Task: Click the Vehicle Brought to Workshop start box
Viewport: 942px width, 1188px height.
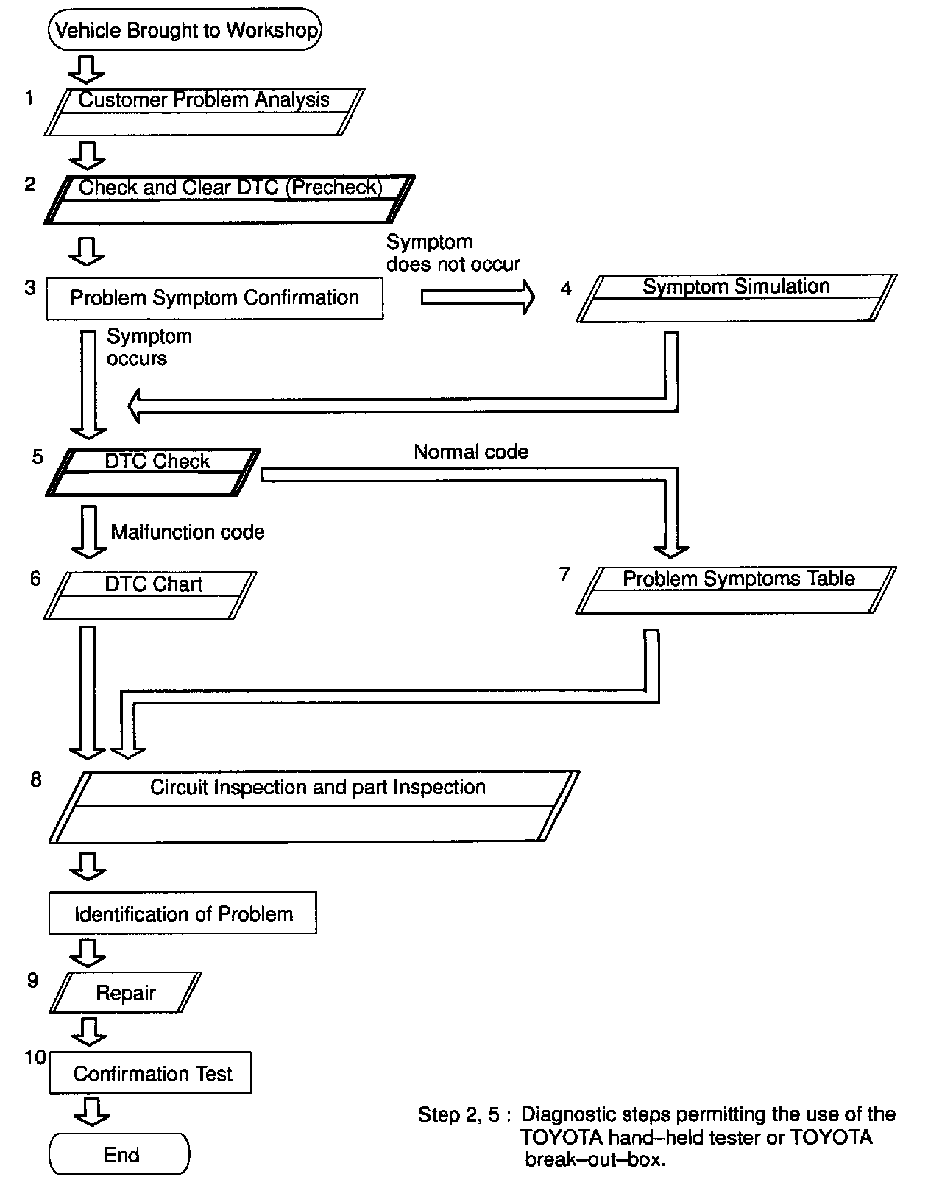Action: (185, 30)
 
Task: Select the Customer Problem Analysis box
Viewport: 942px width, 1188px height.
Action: (204, 112)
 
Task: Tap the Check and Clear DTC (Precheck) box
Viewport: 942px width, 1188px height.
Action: (230, 199)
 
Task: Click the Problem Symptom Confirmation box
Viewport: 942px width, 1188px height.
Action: (214, 298)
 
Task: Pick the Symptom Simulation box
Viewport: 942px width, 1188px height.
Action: (736, 298)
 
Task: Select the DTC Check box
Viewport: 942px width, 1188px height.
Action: (153, 472)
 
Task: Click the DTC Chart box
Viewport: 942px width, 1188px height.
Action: (151, 595)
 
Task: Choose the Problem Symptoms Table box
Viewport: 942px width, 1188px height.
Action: (736, 590)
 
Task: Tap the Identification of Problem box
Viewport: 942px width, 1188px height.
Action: (183, 913)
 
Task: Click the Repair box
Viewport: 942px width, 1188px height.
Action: (125, 992)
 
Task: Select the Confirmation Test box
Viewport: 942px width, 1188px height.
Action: (150, 1073)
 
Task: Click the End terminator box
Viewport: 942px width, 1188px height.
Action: (120, 1154)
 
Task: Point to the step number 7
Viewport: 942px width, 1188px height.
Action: (564, 574)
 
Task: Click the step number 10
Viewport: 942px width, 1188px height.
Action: (35, 1057)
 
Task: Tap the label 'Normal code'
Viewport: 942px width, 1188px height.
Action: (471, 451)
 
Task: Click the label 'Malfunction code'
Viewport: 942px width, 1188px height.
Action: (188, 531)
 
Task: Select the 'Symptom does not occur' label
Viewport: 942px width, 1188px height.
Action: (453, 252)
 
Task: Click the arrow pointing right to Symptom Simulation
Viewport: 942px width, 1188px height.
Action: (478, 297)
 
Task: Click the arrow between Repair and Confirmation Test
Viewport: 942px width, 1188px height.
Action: (88, 1030)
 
